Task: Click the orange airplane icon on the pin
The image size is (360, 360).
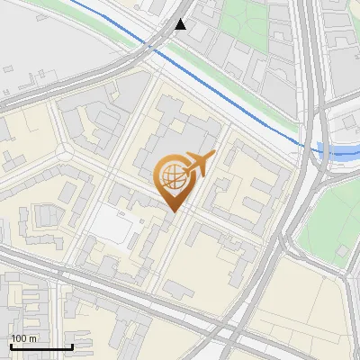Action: [x=194, y=164]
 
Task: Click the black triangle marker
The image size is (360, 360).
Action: [x=181, y=24]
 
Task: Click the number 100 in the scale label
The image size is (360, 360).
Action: [x=19, y=339]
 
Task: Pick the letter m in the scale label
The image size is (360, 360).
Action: [x=32, y=339]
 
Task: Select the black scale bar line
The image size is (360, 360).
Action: [x=40, y=347]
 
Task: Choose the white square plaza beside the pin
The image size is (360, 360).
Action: [x=111, y=224]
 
